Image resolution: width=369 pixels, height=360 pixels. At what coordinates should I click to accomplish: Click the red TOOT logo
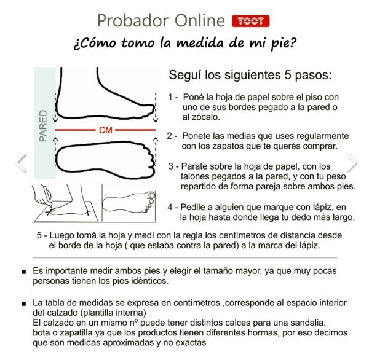pos(251,21)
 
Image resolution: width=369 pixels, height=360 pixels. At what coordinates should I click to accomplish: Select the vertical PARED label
pos(43,126)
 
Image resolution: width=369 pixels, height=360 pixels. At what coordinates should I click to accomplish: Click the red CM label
pos(106,130)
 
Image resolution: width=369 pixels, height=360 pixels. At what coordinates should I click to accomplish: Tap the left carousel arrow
pos(22,163)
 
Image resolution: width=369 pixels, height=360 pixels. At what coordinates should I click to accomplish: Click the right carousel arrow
pos(352,163)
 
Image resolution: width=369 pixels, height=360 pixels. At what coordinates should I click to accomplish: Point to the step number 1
pos(170,97)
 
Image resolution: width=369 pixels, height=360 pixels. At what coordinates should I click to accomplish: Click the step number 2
pos(170,136)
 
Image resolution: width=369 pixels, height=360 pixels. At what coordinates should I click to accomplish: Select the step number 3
pos(171,166)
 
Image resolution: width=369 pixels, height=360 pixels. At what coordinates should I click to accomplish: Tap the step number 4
pos(170,207)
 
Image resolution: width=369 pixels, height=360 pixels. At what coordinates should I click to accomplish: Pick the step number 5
pos(39,235)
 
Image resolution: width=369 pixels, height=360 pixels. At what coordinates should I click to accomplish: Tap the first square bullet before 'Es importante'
pos(24,272)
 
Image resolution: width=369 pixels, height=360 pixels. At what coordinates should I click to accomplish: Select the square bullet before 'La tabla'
pos(24,304)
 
